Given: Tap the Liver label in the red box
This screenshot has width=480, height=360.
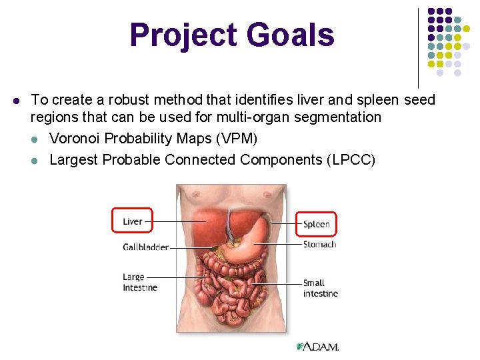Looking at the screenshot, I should click(132, 221).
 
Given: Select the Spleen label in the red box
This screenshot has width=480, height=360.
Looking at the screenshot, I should click(317, 224).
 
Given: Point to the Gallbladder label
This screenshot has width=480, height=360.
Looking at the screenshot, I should click(145, 247).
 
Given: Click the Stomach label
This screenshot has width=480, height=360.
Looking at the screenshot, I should click(319, 244).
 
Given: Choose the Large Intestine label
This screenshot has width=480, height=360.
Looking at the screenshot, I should click(140, 282).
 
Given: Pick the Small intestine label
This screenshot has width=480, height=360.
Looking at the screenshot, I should click(320, 288).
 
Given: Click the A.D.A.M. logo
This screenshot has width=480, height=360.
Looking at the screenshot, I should click(318, 347).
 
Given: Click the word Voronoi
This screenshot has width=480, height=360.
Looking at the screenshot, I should click(74, 139).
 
